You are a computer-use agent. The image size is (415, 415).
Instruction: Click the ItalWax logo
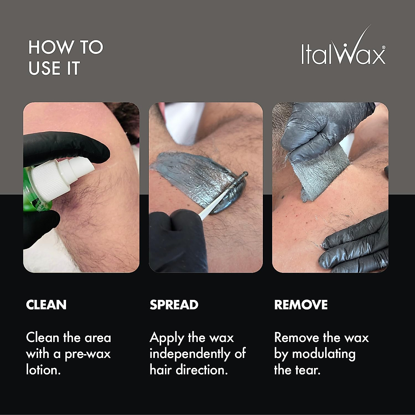click(343, 48)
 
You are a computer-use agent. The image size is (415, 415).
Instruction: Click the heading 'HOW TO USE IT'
click(66, 58)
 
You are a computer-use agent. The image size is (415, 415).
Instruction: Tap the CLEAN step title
click(46, 305)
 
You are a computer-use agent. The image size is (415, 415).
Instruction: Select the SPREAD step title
click(174, 305)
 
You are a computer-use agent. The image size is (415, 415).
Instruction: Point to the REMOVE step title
click(301, 305)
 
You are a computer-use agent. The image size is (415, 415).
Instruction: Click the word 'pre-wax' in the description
click(88, 354)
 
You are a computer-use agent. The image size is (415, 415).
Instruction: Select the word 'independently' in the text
click(188, 354)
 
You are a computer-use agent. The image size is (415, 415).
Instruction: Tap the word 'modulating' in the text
click(324, 354)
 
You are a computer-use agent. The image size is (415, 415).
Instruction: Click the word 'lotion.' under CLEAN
click(44, 370)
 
